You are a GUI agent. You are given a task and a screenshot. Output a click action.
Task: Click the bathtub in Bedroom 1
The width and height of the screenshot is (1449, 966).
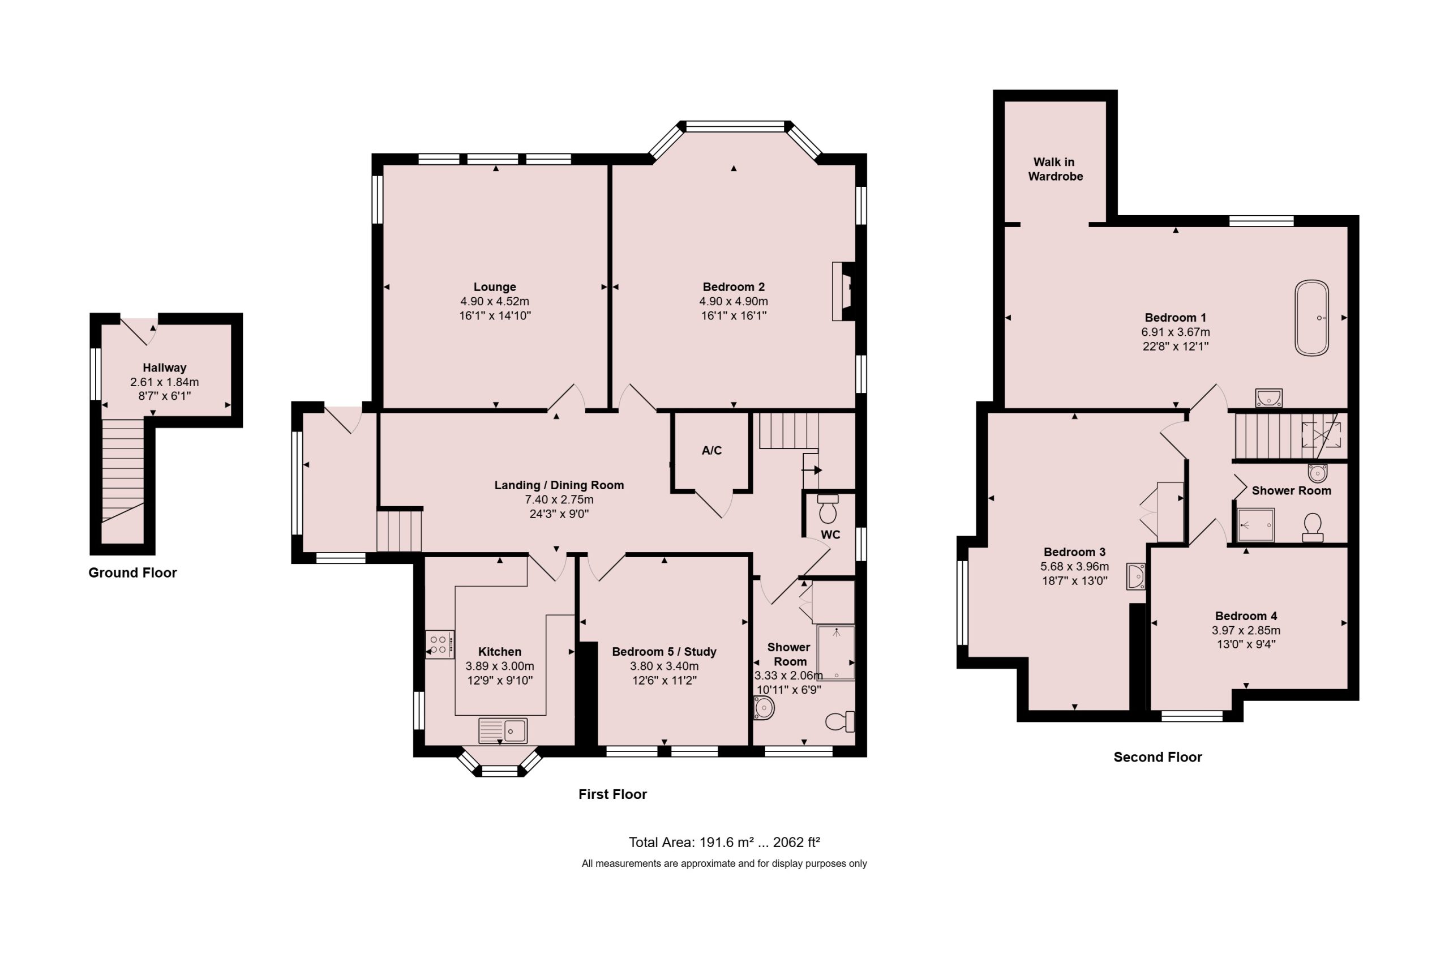(x=1311, y=318)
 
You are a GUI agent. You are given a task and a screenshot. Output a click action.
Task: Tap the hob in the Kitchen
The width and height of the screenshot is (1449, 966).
(x=439, y=644)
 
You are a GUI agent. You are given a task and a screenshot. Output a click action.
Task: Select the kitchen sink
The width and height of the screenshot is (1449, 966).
(x=503, y=730)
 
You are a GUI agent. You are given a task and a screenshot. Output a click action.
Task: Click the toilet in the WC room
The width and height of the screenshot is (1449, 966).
(x=828, y=508)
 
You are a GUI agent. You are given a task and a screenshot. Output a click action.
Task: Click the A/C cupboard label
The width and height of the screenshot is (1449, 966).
(x=711, y=450)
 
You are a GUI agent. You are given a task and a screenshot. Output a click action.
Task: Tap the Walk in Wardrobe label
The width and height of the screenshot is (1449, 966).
(x=1055, y=169)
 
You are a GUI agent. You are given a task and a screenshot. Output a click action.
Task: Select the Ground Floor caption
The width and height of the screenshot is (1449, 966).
(x=132, y=572)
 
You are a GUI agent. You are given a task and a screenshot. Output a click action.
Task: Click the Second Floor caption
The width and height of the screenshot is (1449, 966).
(x=1157, y=756)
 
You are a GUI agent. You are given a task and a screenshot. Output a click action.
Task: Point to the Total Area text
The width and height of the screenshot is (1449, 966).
(x=723, y=842)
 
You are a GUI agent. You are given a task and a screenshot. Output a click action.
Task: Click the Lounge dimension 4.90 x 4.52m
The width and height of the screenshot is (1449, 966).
(x=495, y=301)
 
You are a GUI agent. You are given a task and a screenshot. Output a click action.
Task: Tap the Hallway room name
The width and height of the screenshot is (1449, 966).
(x=164, y=368)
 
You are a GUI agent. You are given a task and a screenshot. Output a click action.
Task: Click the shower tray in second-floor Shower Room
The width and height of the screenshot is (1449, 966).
(x=1255, y=525)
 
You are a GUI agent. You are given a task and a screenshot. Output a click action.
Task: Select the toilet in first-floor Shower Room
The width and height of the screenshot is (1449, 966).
(x=840, y=721)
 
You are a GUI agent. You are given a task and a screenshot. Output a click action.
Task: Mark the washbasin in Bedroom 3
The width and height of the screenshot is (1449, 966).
(x=1135, y=576)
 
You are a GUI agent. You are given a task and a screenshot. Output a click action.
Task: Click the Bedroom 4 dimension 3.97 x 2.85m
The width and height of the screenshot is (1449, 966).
(x=1245, y=630)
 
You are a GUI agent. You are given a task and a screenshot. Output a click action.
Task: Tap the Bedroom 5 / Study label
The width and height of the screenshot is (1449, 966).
(x=664, y=651)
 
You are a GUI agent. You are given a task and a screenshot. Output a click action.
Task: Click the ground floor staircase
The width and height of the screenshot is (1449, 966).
(x=123, y=481)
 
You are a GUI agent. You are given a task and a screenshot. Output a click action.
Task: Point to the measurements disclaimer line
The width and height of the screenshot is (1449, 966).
(x=723, y=864)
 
